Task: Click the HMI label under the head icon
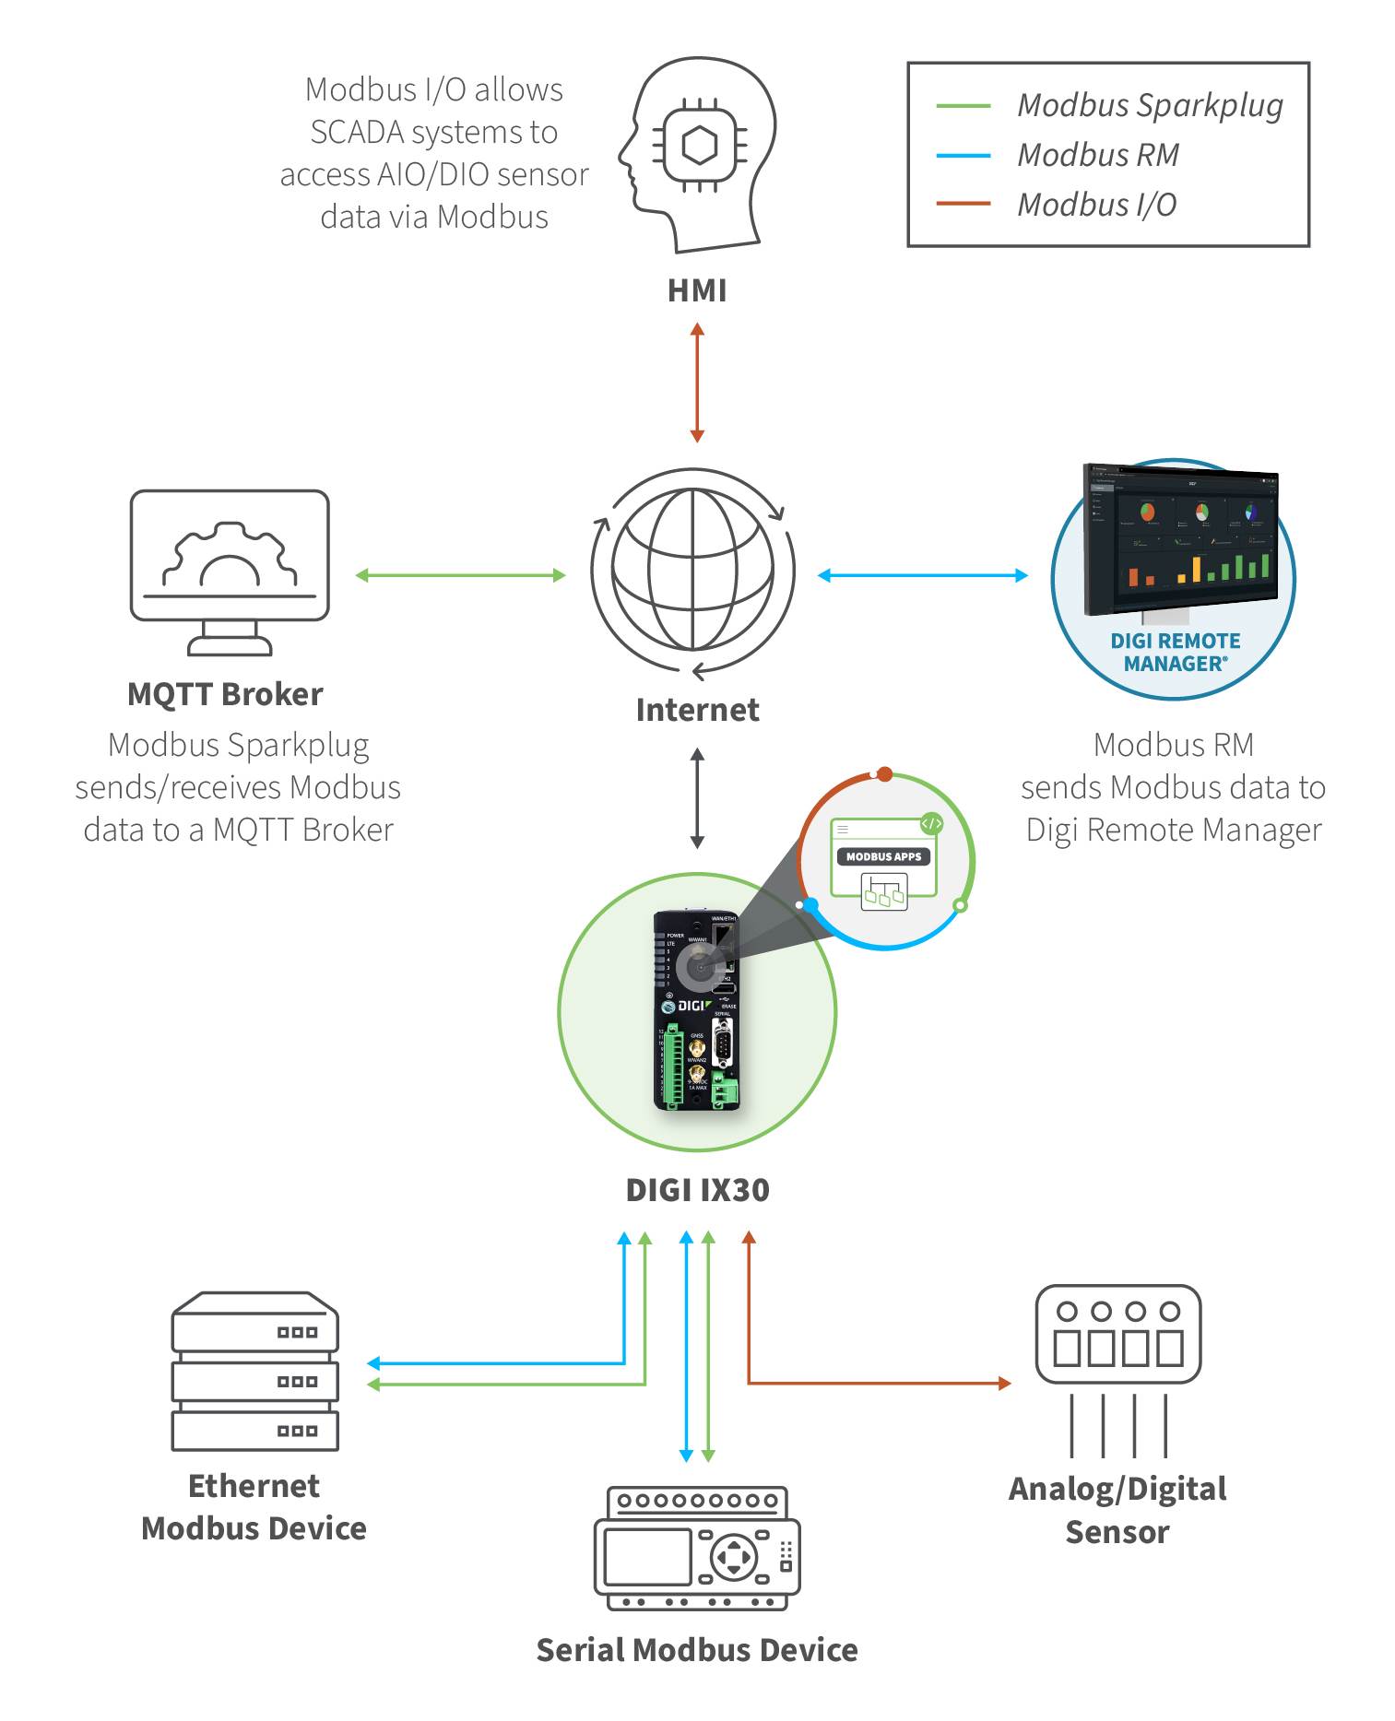(x=697, y=290)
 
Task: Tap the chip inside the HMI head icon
(x=699, y=146)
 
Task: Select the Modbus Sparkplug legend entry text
(x=1149, y=105)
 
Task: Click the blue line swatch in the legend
(x=963, y=156)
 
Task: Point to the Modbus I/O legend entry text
(x=1096, y=205)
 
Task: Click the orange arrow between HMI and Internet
(x=697, y=382)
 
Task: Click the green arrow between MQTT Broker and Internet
(x=460, y=575)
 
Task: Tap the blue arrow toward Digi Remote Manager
(x=922, y=575)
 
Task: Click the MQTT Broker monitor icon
(x=230, y=572)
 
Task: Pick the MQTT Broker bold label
(x=225, y=694)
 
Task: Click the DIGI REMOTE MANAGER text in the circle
(x=1175, y=652)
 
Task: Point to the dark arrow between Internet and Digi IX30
(x=697, y=797)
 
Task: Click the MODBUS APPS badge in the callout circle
(x=883, y=856)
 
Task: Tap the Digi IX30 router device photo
(x=698, y=1011)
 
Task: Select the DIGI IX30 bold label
(x=697, y=1190)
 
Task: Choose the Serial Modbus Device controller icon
(x=697, y=1548)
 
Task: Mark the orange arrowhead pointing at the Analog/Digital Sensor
(x=1005, y=1383)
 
